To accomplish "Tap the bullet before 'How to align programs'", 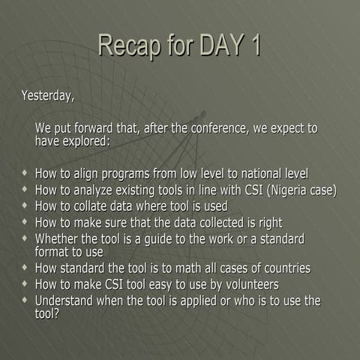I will pos(26,172).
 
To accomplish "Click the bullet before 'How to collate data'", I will pos(26,205).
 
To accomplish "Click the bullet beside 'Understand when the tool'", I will pos(26,301).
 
